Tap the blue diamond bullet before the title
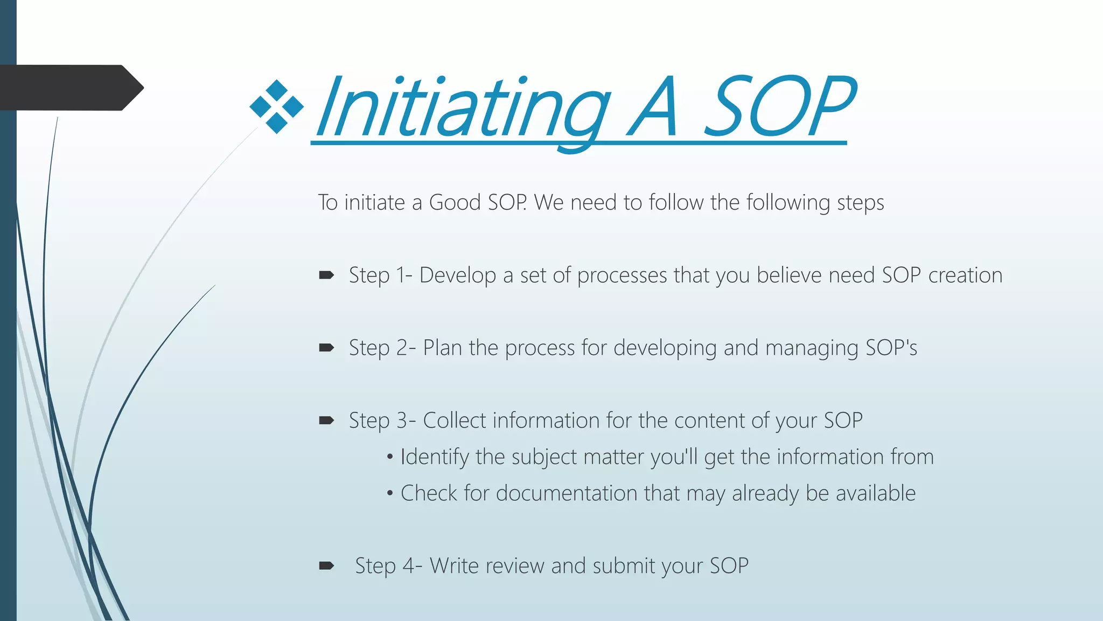(277, 107)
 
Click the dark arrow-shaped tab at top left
(70, 88)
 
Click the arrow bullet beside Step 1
(326, 276)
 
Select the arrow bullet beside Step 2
(326, 348)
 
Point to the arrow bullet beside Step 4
(326, 566)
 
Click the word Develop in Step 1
(457, 275)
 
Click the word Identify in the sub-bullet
(435, 457)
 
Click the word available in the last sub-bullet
(875, 493)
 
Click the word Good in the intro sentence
(455, 203)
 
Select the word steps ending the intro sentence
(860, 203)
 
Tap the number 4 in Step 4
(409, 566)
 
